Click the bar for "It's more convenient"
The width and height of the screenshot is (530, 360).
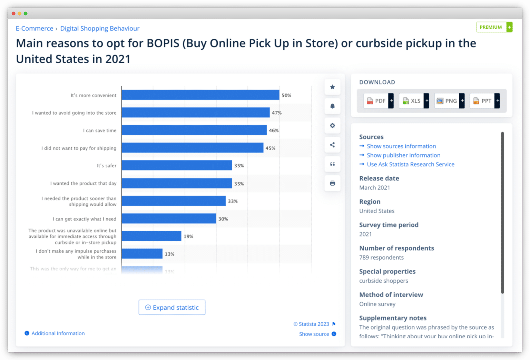200,95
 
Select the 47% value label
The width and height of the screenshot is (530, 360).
276,113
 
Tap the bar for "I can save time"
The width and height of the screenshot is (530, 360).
194,130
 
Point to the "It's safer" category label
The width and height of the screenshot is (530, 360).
106,166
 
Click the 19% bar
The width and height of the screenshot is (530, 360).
151,236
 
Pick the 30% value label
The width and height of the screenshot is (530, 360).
223,219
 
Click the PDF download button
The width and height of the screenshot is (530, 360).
378,101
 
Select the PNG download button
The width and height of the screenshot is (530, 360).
449,101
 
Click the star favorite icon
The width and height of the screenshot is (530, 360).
332,87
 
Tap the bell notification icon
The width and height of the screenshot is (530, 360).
332,106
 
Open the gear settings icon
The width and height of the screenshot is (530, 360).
332,126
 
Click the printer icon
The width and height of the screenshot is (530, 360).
332,183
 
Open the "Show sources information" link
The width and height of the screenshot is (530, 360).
401,146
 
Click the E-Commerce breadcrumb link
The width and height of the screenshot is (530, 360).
35,28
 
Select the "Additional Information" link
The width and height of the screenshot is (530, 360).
58,333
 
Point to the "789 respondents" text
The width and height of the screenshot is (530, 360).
381,257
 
